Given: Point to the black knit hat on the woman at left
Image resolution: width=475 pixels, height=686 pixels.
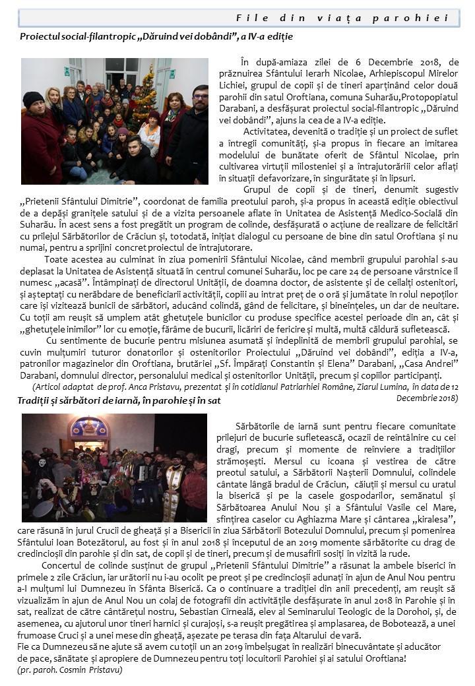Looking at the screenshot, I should click(x=33, y=98).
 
